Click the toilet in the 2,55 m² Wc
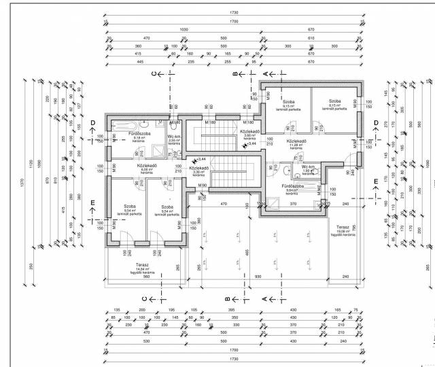coord(175,126)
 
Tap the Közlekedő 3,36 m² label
coord(198,170)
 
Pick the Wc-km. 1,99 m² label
coord(310,169)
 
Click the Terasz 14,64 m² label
coord(141,266)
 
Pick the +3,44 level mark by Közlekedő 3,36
coord(201,160)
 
